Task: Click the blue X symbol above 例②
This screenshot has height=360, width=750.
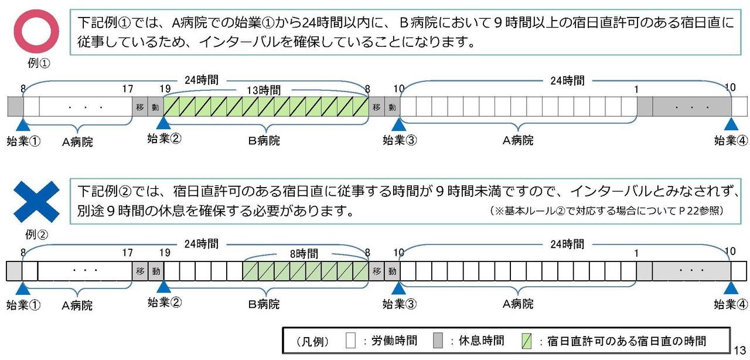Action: [x=36, y=201]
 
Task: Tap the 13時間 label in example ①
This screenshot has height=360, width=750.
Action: [x=264, y=90]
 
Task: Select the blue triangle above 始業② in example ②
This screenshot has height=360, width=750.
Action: [x=163, y=287]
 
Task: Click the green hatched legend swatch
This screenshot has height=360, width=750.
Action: [x=526, y=341]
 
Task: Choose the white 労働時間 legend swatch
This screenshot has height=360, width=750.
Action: [x=350, y=341]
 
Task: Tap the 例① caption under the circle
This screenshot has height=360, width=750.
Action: [x=36, y=63]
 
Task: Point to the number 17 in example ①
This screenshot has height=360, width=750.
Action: [x=127, y=89]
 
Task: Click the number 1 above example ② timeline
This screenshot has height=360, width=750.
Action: [x=636, y=253]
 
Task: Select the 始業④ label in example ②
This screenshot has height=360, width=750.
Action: [x=731, y=304]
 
